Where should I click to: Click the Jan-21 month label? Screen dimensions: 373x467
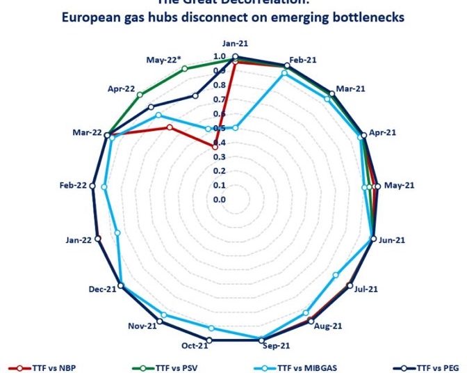[234, 42]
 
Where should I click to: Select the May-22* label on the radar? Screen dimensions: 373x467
[163, 60]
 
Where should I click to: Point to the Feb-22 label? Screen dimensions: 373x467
[73, 185]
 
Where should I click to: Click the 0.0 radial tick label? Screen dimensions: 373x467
[220, 200]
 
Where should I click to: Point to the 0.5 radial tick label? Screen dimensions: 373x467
[220, 128]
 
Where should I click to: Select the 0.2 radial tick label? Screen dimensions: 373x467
[220, 171]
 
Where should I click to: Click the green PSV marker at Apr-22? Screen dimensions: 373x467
[140, 95]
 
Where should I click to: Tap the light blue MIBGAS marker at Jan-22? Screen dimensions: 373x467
[117, 233]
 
